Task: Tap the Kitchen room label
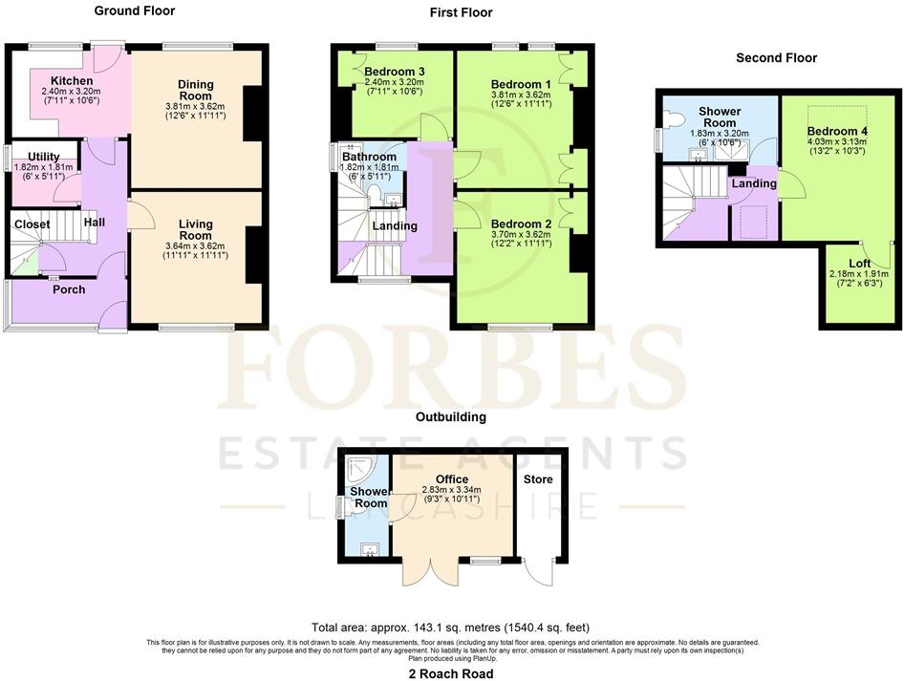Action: pyautogui.click(x=72, y=80)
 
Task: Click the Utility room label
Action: pyautogui.click(x=44, y=156)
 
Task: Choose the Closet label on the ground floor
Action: pyautogui.click(x=32, y=224)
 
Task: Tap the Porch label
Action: pyautogui.click(x=68, y=288)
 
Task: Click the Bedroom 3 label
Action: pyautogui.click(x=394, y=72)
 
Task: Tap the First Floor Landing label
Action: pyautogui.click(x=394, y=226)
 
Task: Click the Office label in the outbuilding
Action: pyautogui.click(x=451, y=479)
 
